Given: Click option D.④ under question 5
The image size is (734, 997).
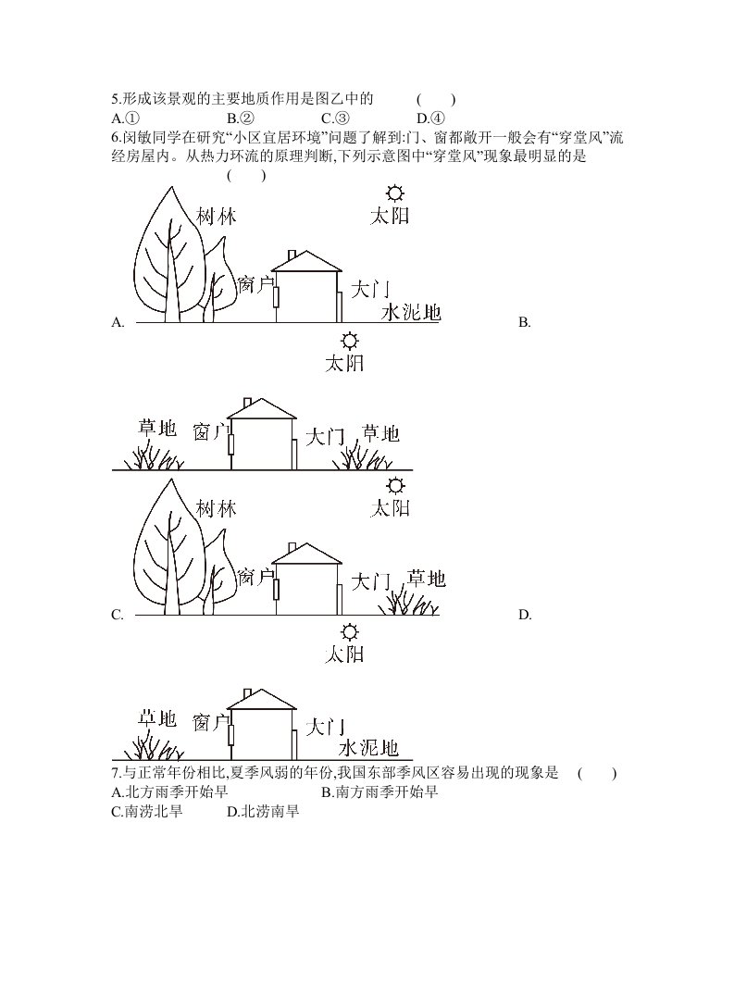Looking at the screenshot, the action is coord(430,118).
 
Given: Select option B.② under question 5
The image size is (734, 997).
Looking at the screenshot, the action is coord(241,118).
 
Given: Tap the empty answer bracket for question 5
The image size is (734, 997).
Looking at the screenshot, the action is coord(436,99).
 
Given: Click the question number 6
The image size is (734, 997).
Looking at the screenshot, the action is coord(116,138).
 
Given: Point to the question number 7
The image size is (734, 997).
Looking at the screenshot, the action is coord(116,773).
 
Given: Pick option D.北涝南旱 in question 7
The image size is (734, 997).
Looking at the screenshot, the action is coord(263,811).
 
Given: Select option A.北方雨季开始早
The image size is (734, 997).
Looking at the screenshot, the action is coord(169,792).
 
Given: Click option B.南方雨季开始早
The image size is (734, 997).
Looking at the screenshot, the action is coord(379,792).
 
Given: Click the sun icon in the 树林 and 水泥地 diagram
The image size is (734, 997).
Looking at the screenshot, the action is coord(395,193).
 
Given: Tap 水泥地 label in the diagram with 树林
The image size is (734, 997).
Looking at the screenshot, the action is coord(411,312).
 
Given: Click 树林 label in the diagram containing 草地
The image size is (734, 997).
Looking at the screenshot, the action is coord(216,508).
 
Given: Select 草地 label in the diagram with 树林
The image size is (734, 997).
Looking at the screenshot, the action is coord(427,579).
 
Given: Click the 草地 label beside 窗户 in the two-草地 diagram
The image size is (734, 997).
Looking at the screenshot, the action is coord(157,428).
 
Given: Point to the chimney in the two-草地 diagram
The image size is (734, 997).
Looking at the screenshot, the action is coord(248,403).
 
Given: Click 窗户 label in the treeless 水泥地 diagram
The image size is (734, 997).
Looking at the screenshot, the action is coord(210,722).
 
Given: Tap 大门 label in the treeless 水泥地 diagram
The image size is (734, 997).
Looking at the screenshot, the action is coord(325,727).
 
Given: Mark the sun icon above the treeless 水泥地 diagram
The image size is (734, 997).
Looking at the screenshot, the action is coord(349,632).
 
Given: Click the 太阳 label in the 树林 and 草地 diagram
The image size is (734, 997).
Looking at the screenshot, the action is coord(390,508).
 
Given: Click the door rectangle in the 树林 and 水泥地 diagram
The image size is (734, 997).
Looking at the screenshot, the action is coord(340,307).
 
